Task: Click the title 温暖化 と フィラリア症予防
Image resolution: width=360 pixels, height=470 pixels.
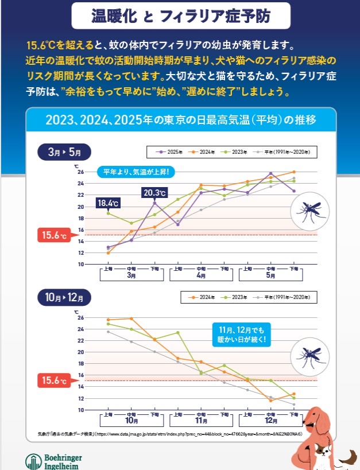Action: tap(179, 16)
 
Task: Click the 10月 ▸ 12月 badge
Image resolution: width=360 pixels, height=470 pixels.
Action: tap(64, 298)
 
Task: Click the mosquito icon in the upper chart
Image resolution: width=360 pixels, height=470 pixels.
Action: tap(310, 211)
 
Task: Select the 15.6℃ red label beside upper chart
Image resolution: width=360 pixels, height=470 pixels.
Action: tap(53, 235)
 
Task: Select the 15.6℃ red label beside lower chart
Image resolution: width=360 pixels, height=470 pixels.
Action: tap(53, 380)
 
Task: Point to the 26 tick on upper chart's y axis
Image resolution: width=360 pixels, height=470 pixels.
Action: tap(80, 172)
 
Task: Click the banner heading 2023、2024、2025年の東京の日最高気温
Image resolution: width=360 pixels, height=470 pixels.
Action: tap(179, 120)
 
